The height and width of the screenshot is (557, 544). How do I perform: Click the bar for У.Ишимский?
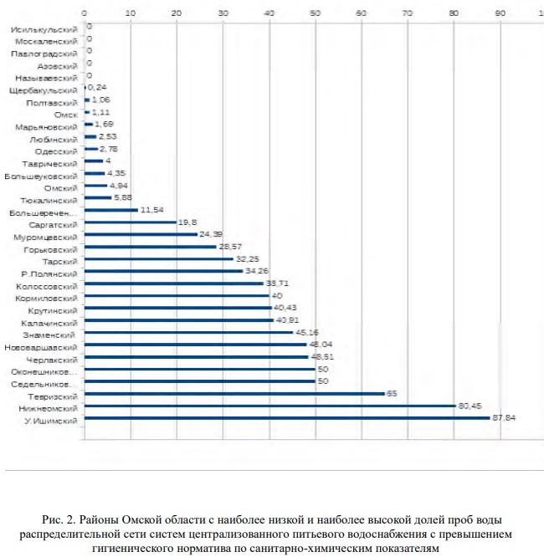point(287,418)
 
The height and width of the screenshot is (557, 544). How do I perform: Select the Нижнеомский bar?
point(269,406)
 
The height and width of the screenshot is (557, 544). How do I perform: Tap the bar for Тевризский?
point(234,394)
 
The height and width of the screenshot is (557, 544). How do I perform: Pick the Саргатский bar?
point(130,222)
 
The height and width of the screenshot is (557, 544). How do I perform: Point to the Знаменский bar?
point(188,332)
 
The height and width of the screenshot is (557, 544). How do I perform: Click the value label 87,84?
point(504,418)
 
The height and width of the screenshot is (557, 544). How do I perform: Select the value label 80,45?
point(470,406)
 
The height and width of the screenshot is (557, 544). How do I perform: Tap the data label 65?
point(391,394)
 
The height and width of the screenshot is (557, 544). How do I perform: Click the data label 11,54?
point(151,210)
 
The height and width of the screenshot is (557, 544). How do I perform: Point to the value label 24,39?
point(211,235)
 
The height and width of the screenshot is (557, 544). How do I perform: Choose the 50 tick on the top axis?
point(315,14)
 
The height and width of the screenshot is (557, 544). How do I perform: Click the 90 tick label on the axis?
point(500,14)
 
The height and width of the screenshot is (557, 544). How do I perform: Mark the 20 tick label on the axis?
point(177,14)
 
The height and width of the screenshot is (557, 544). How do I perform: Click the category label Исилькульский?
point(45,28)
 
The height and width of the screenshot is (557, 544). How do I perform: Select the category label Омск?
point(65,113)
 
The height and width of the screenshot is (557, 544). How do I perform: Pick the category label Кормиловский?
point(49,296)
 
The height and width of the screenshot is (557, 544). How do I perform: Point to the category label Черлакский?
point(54,357)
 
